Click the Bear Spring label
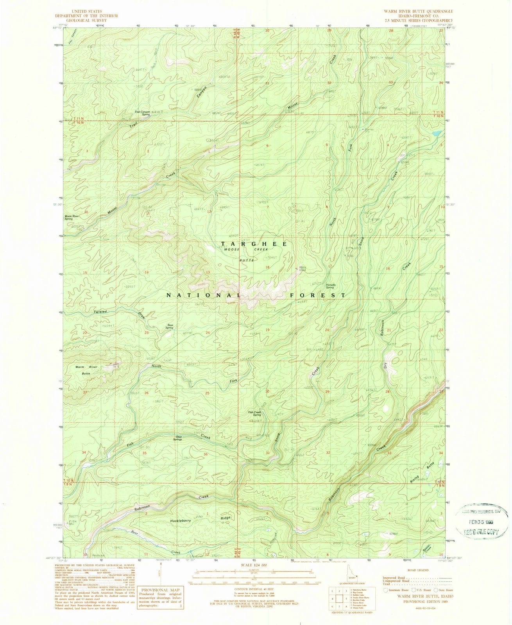(x=169, y=326)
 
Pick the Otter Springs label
(x=180, y=438)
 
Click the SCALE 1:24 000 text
(x=254, y=564)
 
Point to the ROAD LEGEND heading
(x=418, y=570)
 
